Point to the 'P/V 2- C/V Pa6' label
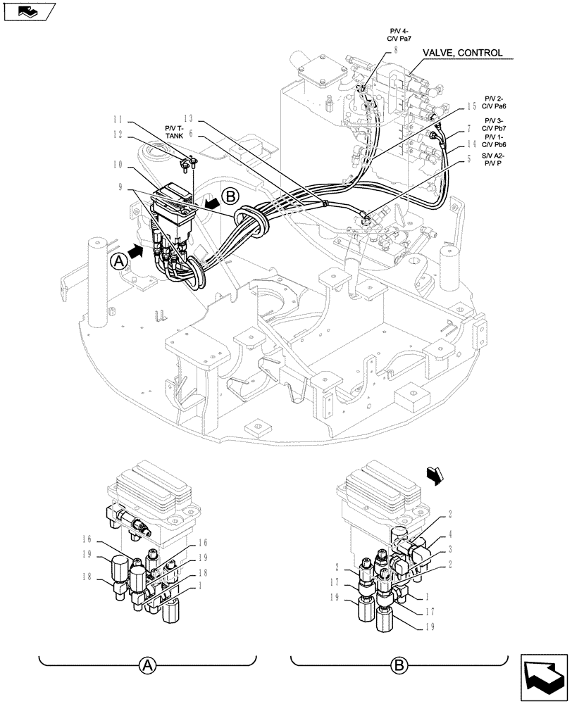[x=495, y=102]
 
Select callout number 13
[x=187, y=118]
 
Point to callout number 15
[x=471, y=107]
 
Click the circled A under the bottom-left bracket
[x=147, y=665]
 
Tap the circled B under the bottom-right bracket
[x=399, y=665]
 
